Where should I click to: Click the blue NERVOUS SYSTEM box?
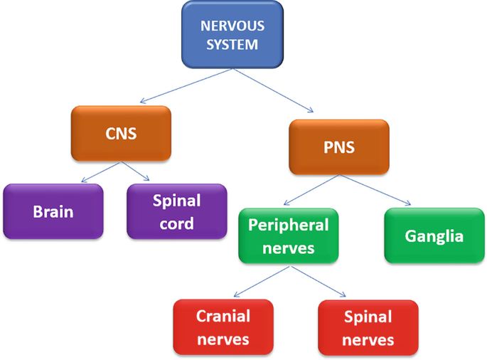232,35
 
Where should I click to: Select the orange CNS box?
121,132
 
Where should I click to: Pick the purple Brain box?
53,211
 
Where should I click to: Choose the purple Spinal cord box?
177,211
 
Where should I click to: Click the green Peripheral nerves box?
288,235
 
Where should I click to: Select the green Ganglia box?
434,235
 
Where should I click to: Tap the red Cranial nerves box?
223,327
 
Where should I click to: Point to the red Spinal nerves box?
368,327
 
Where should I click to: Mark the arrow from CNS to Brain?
100,172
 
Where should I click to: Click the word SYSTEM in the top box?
232,44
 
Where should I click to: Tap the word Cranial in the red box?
223,317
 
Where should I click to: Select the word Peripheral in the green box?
288,225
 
